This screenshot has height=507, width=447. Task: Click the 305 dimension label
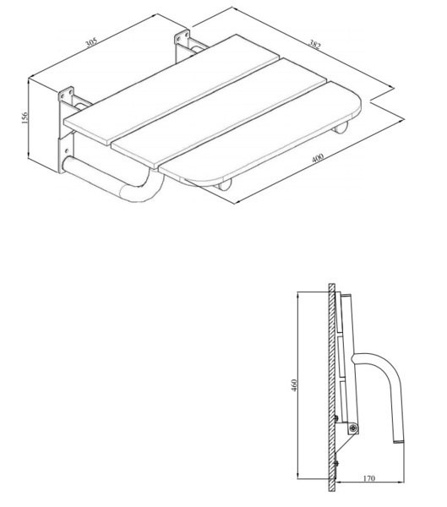[91, 43]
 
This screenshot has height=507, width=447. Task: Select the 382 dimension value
[314, 45]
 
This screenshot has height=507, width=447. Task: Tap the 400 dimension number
[318, 158]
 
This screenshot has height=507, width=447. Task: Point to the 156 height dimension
[25, 118]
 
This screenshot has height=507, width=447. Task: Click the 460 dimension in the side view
[294, 385]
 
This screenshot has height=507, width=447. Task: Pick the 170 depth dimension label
[369, 477]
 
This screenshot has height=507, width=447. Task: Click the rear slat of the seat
[172, 90]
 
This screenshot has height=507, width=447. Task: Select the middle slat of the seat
[220, 114]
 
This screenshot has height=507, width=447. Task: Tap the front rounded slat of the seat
[260, 132]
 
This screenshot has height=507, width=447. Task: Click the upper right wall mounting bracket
[183, 37]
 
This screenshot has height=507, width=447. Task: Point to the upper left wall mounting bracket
[66, 95]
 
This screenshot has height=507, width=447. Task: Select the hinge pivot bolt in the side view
[354, 428]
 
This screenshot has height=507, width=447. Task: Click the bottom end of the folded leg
[398, 441]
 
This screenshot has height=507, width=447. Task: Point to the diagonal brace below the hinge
[346, 444]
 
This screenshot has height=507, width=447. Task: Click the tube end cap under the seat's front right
[341, 128]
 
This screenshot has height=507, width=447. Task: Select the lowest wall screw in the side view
[336, 463]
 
